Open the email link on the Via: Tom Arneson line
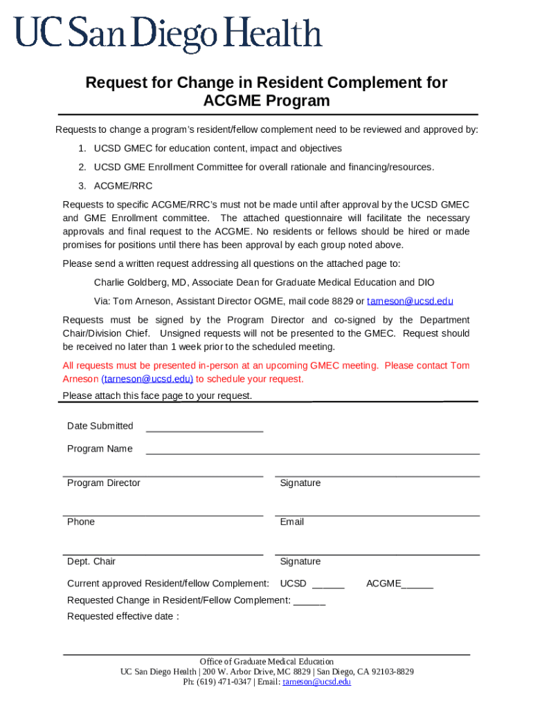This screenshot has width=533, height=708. (410, 301)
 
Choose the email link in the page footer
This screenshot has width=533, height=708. (317, 682)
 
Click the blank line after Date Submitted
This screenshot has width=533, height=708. (204, 427)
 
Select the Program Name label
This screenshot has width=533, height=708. (100, 449)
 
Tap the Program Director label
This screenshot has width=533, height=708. (103, 483)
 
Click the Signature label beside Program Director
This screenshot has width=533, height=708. (300, 483)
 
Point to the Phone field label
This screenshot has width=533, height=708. (81, 522)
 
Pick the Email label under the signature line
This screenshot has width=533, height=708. (292, 522)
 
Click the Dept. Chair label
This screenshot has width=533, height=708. (91, 561)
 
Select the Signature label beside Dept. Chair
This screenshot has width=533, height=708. (300, 561)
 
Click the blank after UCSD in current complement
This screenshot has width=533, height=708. (328, 584)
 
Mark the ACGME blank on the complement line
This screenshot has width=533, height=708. (417, 584)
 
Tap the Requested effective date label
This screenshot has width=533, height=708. (123, 617)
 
